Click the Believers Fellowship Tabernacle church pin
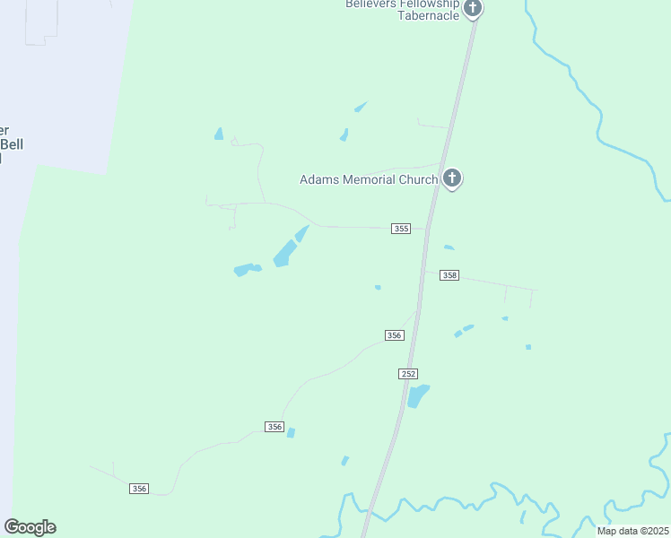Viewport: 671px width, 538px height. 473,9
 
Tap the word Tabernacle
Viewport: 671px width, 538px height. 429,15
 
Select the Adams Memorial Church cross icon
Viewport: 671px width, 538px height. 452,179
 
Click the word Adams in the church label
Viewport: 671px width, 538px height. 318,179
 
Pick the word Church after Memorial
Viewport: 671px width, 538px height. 418,179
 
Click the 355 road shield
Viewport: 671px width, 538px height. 401,229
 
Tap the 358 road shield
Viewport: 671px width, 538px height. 449,275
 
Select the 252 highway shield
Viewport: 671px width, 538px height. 408,373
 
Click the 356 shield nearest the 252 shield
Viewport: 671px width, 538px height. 394,334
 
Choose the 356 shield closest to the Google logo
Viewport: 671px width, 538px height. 138,488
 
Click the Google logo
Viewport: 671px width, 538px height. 30,527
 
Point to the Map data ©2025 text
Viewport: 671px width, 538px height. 632,531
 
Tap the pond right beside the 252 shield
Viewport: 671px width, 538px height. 418,395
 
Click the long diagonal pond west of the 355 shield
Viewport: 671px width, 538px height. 289,248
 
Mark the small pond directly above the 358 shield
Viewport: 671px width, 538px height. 449,247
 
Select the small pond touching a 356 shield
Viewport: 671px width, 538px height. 291,432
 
